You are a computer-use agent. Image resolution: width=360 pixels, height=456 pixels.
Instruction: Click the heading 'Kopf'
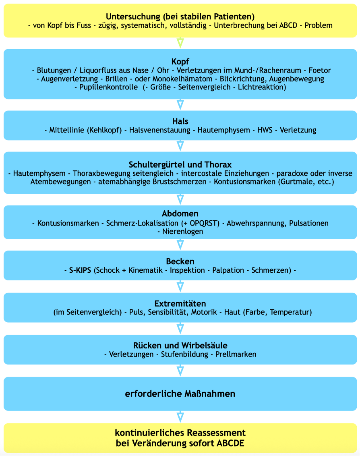pyautogui.click(x=180, y=62)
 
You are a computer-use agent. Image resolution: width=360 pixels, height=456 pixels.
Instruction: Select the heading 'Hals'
pyautogui.click(x=180, y=121)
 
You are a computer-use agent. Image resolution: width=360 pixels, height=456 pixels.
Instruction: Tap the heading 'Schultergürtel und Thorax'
pyautogui.click(x=180, y=165)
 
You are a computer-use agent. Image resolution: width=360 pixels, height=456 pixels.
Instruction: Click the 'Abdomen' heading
pyautogui.click(x=180, y=214)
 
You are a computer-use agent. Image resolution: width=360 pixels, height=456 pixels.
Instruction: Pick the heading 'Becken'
pyautogui.click(x=180, y=261)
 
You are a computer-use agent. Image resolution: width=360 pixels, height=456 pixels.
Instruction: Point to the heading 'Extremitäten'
pyautogui.click(x=180, y=303)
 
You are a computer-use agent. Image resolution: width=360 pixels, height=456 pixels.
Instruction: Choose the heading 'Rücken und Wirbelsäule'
pyautogui.click(x=180, y=346)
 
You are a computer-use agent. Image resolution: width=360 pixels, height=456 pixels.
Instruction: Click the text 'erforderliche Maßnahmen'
pyautogui.click(x=180, y=394)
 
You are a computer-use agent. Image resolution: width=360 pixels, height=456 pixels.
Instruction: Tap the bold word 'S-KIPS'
pyautogui.click(x=80, y=270)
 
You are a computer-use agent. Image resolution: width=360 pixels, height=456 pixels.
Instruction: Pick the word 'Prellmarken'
pyautogui.click(x=236, y=354)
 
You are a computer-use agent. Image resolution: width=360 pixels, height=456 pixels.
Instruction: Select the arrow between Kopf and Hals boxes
pyautogui.click(x=180, y=105)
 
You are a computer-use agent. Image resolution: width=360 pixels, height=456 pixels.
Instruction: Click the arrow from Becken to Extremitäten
pyautogui.click(x=180, y=286)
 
